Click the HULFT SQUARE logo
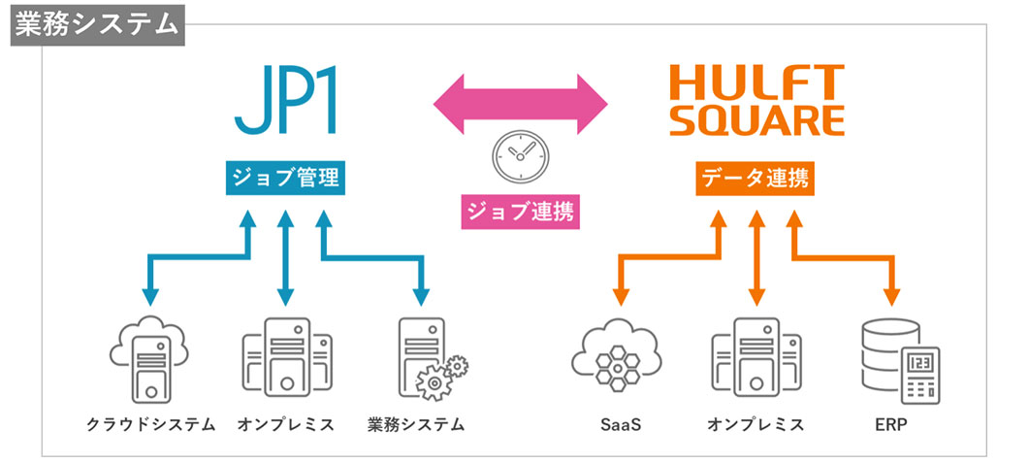click(757, 100)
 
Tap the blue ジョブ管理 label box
click(285, 179)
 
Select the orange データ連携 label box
click(755, 179)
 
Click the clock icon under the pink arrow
click(519, 154)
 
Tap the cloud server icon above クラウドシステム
click(149, 357)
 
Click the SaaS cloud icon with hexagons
click(618, 358)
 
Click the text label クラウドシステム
click(150, 424)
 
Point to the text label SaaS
click(620, 425)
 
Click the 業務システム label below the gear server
click(416, 424)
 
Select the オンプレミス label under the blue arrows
click(285, 424)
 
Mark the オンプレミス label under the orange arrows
click(756, 424)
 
